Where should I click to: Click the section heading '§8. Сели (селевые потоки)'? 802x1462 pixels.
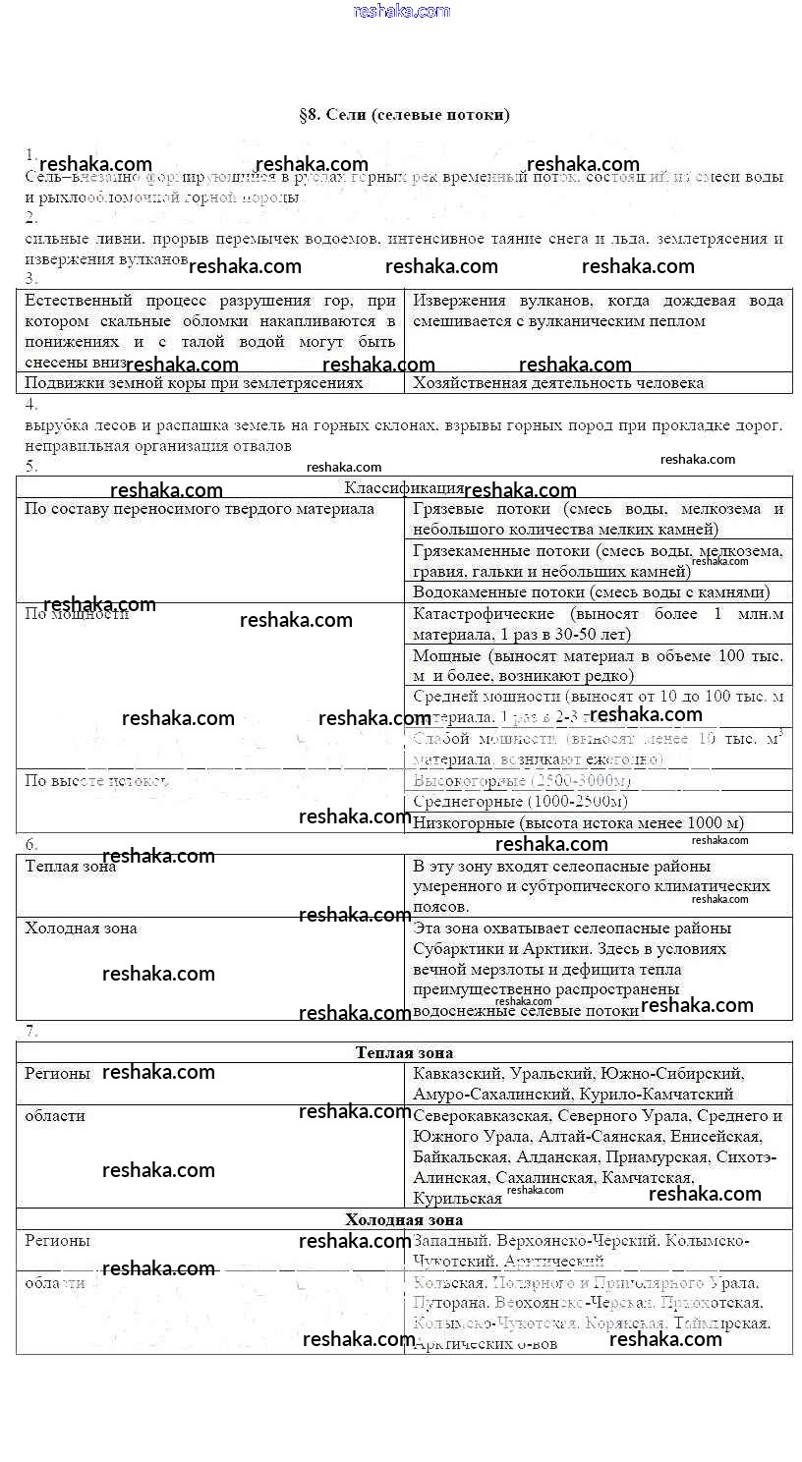[x=404, y=115]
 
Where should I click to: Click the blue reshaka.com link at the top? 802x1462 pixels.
[x=401, y=11]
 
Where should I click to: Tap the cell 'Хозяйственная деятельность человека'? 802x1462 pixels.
[x=558, y=383]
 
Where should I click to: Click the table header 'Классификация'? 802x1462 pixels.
[x=404, y=487]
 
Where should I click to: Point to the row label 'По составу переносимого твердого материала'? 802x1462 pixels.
[x=200, y=509]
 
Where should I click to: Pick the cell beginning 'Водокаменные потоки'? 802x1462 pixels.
[x=591, y=592]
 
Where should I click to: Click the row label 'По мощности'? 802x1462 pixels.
[x=77, y=614]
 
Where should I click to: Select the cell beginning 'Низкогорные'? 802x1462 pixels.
[x=578, y=823]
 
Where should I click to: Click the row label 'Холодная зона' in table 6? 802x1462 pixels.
[x=81, y=928]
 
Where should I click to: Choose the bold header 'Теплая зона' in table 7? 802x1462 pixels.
[x=404, y=1052]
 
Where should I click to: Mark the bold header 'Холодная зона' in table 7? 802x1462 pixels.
[x=404, y=1219]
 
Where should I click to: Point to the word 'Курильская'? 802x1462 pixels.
[x=458, y=1199]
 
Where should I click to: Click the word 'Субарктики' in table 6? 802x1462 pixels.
[x=458, y=949]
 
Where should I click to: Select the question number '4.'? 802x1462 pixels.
[x=31, y=404]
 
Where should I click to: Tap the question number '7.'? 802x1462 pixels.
[x=31, y=1031]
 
